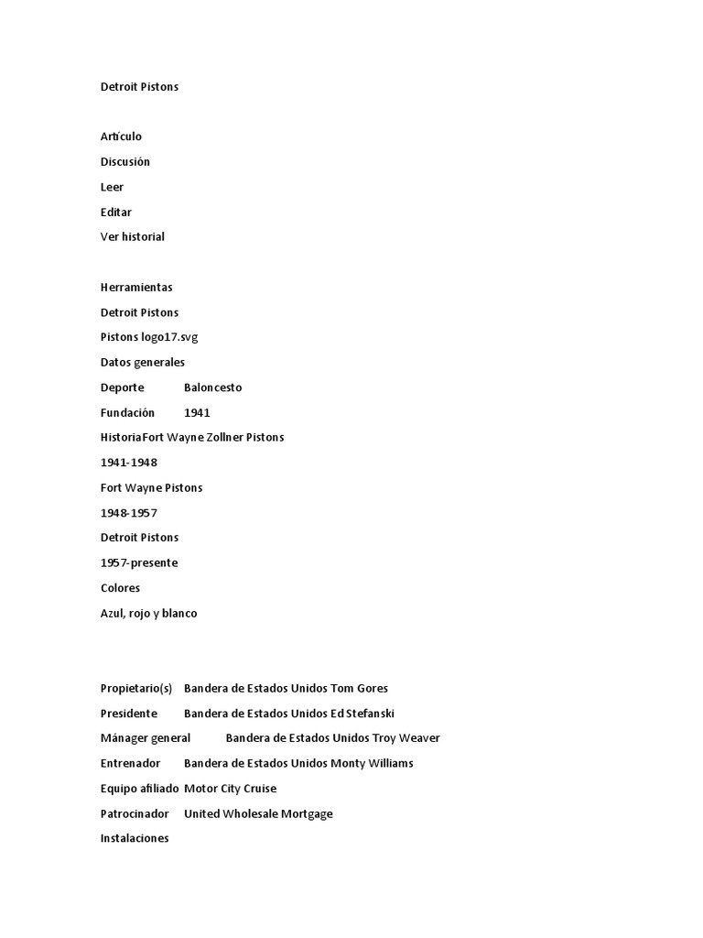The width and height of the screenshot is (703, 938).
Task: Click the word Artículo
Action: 121,136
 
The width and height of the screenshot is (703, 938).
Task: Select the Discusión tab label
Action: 124,162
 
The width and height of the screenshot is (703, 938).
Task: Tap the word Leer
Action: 112,187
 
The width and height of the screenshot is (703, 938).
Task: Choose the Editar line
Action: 116,212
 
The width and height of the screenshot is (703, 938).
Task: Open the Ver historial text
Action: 133,236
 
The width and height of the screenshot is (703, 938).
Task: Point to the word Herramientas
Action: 136,287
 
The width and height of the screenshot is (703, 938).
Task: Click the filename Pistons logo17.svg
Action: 149,337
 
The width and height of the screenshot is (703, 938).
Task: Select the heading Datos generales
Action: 143,362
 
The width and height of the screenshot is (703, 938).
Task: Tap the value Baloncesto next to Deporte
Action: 212,387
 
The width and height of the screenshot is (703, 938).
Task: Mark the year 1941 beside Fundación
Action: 197,412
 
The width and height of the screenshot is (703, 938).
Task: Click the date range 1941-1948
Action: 129,463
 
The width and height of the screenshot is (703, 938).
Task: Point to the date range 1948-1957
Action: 129,513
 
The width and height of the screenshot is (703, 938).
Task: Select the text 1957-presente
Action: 139,562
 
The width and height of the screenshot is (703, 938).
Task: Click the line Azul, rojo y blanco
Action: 149,613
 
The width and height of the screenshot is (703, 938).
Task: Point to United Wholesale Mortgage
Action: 258,813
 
